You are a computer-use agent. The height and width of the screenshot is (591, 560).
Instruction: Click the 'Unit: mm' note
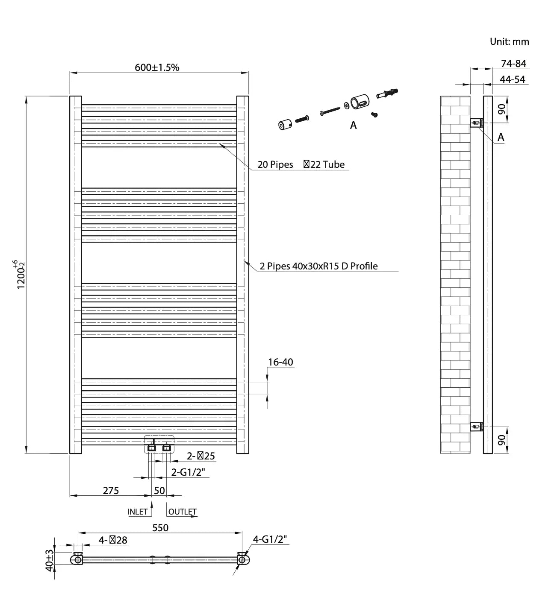[509, 41]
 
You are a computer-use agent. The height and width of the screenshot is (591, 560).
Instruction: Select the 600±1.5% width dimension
[157, 67]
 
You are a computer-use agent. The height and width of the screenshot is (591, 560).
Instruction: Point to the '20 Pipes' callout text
[275, 164]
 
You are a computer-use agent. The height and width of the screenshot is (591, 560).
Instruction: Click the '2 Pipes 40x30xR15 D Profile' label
[318, 266]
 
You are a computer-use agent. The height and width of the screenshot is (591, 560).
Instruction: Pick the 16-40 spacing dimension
[280, 362]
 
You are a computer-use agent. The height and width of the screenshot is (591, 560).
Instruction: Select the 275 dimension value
[111, 490]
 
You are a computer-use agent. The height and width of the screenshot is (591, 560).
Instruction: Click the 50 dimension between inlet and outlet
[159, 490]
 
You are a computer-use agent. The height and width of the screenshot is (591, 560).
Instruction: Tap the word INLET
[137, 511]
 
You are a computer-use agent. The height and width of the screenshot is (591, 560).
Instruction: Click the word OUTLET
[182, 511]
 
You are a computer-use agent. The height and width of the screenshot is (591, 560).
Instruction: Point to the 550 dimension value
[160, 527]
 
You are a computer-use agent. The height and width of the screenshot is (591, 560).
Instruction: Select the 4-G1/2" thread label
[270, 539]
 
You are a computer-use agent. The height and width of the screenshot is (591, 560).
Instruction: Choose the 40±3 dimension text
[49, 560]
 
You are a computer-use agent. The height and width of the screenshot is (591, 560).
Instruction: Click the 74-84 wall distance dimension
[513, 64]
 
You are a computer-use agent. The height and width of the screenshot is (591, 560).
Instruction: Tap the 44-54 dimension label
[512, 79]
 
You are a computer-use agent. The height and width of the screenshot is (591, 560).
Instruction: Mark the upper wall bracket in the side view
[477, 123]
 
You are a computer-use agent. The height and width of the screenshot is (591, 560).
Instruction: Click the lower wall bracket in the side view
[477, 426]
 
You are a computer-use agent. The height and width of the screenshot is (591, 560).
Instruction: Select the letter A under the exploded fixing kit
[353, 125]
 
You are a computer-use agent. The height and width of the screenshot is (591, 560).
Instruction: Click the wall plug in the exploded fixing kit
[387, 93]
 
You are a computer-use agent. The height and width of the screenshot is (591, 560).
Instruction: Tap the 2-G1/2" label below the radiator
[188, 472]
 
